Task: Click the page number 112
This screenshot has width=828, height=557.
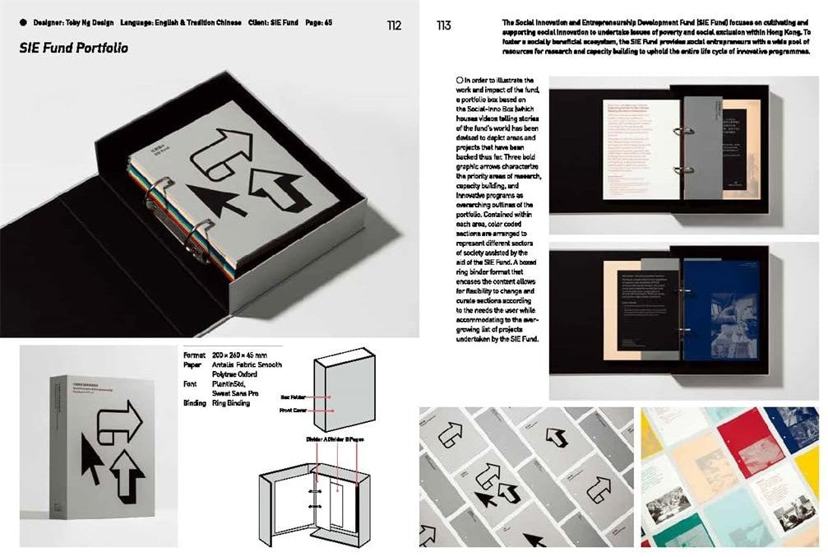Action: pos(394,26)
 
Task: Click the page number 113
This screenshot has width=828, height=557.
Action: pos(443,26)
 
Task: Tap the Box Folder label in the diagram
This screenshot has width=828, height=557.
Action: pos(294,397)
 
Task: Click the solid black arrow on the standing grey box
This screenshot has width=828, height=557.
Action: pos(91,457)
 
